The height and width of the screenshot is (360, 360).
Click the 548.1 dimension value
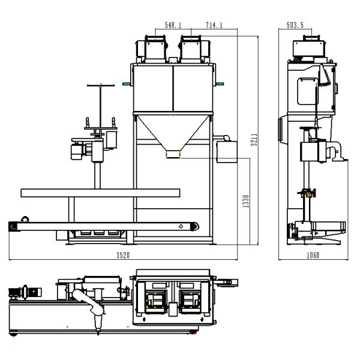point(173,26)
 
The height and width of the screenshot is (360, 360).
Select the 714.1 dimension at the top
point(198,26)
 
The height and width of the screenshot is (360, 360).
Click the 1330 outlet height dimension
point(245,202)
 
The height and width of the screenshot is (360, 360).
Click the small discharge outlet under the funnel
point(173,155)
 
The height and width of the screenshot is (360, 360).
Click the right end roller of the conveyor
point(193,226)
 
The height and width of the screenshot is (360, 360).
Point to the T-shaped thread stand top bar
point(100,86)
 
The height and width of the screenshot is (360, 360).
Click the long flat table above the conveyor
point(100,192)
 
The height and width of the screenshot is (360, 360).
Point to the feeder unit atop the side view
point(310,48)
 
